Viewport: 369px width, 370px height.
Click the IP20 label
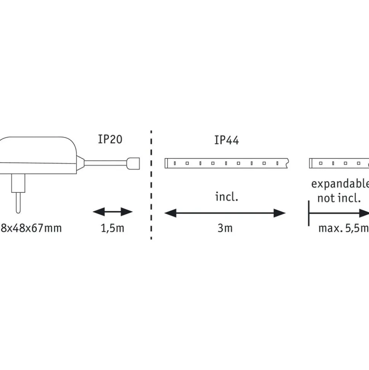110,139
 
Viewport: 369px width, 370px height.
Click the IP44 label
226,140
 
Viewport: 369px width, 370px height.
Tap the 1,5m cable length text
112,228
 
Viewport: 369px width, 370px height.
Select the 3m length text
225,228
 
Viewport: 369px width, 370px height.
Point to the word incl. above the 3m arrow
226,198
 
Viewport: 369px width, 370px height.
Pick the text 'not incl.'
339,198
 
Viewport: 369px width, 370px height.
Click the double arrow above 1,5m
113,212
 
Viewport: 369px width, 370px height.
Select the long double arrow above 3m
225,213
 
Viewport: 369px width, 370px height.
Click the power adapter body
38,154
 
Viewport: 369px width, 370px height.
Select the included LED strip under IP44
227,163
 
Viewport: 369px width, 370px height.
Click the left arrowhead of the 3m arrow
169,213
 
